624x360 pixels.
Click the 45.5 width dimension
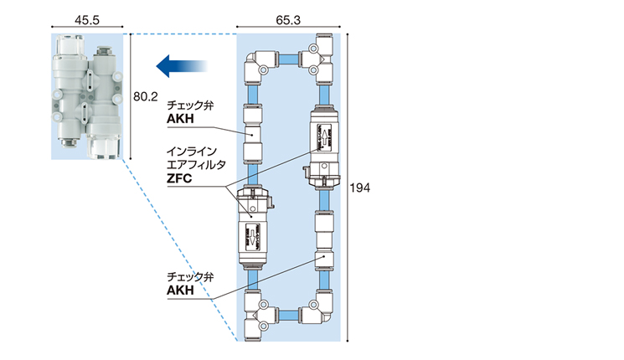[x=87, y=20]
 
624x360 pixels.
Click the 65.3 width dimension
[x=288, y=20]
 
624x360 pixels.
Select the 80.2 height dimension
[x=145, y=96]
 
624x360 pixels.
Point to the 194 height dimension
[x=360, y=188]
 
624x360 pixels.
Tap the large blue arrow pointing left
[x=182, y=66]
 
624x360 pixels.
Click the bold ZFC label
[x=179, y=178]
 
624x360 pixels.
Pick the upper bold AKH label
[x=180, y=119]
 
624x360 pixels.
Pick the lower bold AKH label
[x=180, y=291]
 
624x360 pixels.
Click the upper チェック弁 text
[x=190, y=105]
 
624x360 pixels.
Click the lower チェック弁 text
[x=190, y=277]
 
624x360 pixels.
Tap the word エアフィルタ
[x=197, y=165]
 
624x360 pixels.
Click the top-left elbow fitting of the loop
[x=260, y=66]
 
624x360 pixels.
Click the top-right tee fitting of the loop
[x=317, y=59]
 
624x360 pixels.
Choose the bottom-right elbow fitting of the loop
[x=317, y=308]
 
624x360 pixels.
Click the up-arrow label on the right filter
[x=325, y=137]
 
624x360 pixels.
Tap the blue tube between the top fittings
[x=288, y=59]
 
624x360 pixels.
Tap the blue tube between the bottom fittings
[x=288, y=316]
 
